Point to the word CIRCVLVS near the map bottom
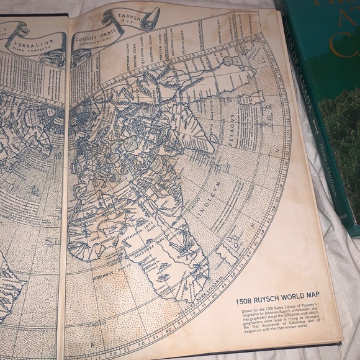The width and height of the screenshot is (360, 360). tap(94, 323)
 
